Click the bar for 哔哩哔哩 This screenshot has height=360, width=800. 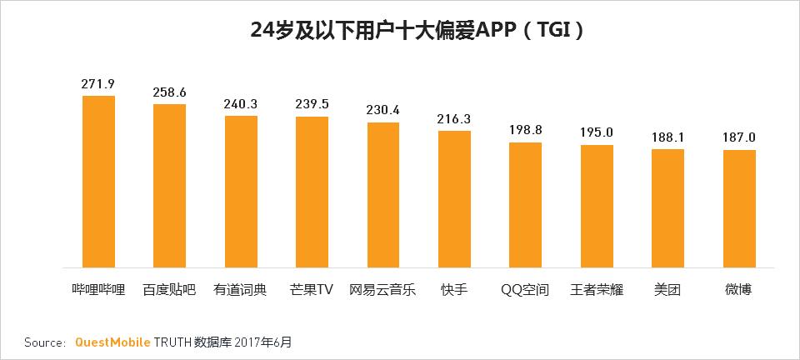point(98,182)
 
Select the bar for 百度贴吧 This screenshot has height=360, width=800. point(169,186)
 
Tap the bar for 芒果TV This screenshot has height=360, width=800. point(312,192)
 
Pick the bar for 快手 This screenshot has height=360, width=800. point(454,199)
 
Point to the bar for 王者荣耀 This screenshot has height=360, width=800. point(597,206)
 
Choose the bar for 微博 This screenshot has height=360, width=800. point(739,208)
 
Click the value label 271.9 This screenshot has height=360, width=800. point(98,83)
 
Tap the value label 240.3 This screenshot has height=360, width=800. point(241,104)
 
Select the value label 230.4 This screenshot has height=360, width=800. point(383,110)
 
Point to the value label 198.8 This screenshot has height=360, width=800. point(526,131)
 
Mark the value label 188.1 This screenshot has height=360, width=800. point(668,137)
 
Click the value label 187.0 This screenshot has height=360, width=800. point(739,138)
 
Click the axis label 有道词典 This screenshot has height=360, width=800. point(241,290)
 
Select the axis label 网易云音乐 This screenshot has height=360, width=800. point(383,290)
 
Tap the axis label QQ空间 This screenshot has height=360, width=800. point(525,290)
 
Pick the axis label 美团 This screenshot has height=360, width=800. point(668,290)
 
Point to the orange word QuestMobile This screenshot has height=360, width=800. point(112,342)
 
